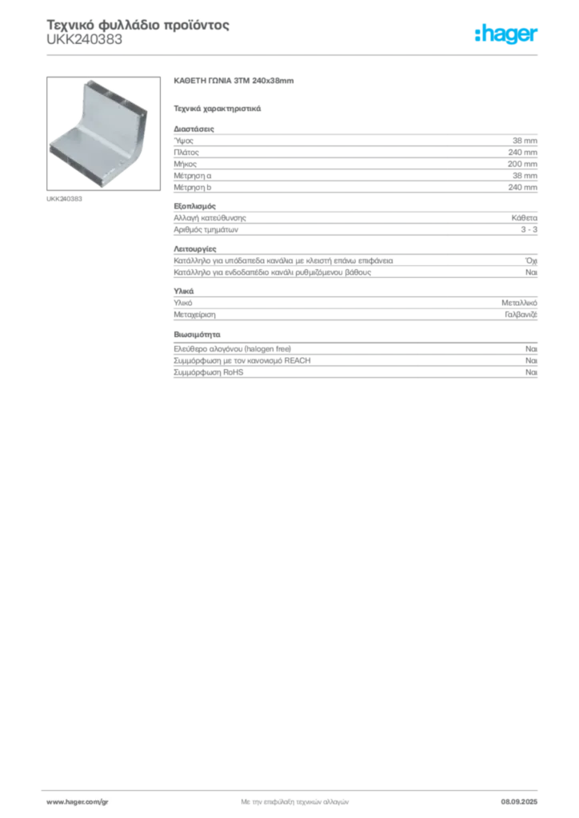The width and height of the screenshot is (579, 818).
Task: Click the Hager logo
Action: [506, 34]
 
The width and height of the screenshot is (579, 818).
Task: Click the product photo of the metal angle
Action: [103, 133]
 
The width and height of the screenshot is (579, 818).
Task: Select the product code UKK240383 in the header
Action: [85, 40]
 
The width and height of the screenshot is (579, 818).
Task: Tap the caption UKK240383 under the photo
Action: [64, 199]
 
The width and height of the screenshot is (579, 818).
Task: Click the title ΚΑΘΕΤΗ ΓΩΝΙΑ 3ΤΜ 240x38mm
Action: [234, 81]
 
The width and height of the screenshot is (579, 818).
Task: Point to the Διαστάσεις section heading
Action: [194, 129]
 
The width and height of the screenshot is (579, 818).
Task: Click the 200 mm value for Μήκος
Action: [522, 164]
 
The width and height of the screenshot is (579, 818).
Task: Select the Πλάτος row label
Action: [186, 153]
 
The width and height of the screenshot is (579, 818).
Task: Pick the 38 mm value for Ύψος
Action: [525, 141]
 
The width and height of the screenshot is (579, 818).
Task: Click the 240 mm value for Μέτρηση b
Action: [522, 187]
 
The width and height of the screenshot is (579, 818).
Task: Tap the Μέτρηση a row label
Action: [193, 176]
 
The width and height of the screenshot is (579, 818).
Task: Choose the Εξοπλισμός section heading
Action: [195, 206]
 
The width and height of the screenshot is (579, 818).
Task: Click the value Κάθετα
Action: [524, 218]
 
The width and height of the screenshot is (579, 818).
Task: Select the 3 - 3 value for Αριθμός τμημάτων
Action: [529, 229]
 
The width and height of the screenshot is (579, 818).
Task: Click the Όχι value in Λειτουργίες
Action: [532, 260]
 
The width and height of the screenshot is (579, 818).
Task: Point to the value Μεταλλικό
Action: [520, 303]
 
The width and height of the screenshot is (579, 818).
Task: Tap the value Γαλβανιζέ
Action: [521, 315]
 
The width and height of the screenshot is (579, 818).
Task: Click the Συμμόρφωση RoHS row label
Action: [208, 372]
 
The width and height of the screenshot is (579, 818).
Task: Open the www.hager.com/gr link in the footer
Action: [78, 802]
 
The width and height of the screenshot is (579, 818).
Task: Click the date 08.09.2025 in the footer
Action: [519, 802]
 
